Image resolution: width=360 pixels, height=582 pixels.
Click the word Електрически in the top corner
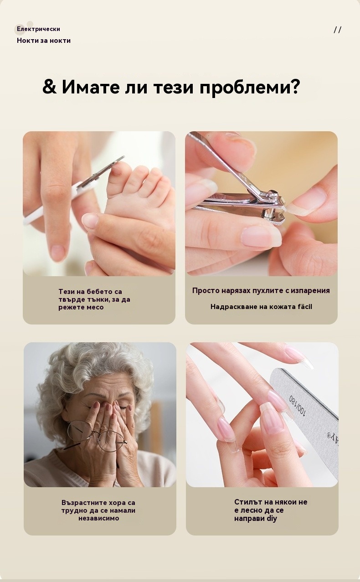pyautogui.click(x=38, y=29)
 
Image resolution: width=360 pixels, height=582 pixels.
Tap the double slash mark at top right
pyautogui.click(x=337, y=30)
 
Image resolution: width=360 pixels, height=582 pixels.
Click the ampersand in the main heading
pyautogui.click(x=49, y=87)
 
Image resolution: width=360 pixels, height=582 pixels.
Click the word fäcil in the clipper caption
pyautogui.click(x=304, y=307)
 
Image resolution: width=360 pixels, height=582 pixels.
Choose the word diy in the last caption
pyautogui.click(x=272, y=519)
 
